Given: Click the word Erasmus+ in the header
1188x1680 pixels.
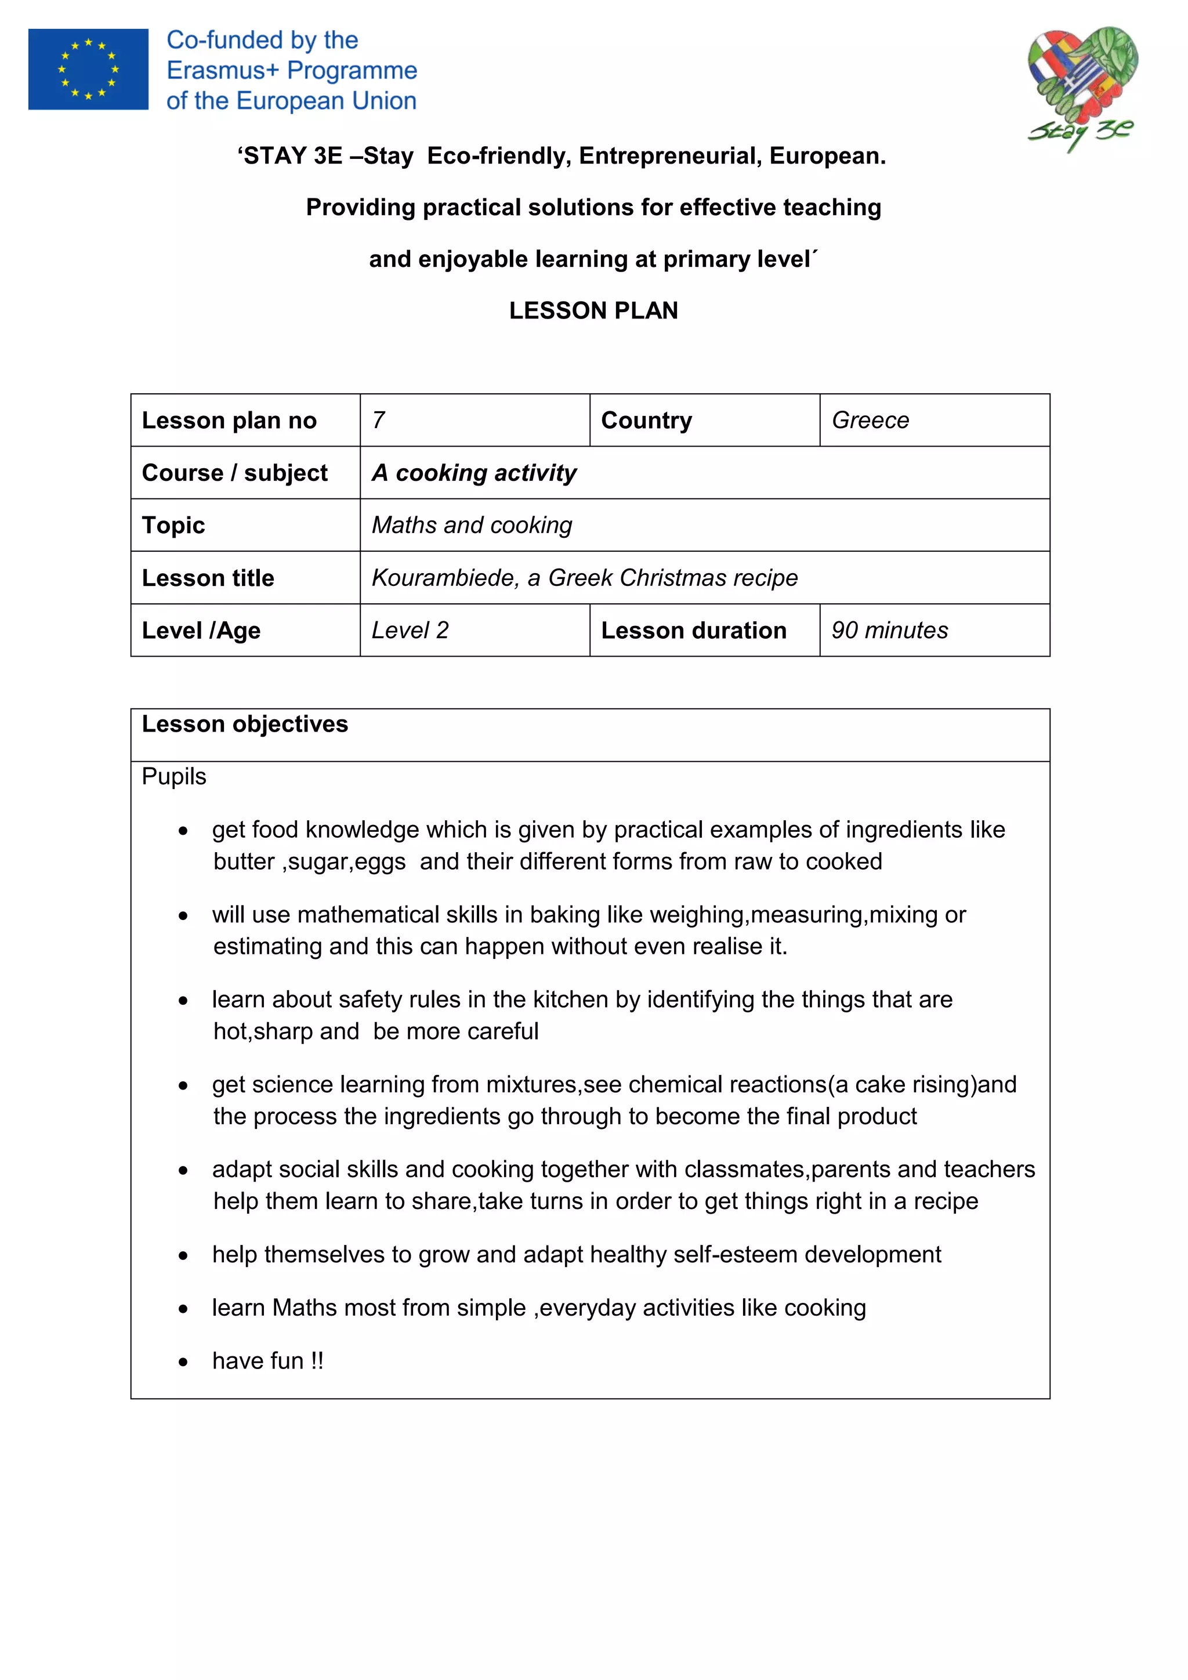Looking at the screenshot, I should [223, 70].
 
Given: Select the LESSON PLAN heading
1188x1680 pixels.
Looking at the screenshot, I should [593, 310].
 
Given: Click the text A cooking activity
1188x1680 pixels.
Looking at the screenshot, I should [473, 473].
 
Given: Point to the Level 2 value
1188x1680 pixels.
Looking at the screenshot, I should [410, 630].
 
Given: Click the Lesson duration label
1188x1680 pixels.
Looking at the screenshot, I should [694, 630].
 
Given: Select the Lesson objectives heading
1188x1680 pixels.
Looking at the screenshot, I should [244, 723].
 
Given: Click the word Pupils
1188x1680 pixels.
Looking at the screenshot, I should [173, 776].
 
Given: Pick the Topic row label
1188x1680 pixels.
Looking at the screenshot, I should [173, 526].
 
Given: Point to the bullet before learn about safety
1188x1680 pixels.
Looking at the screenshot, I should [183, 1000].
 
